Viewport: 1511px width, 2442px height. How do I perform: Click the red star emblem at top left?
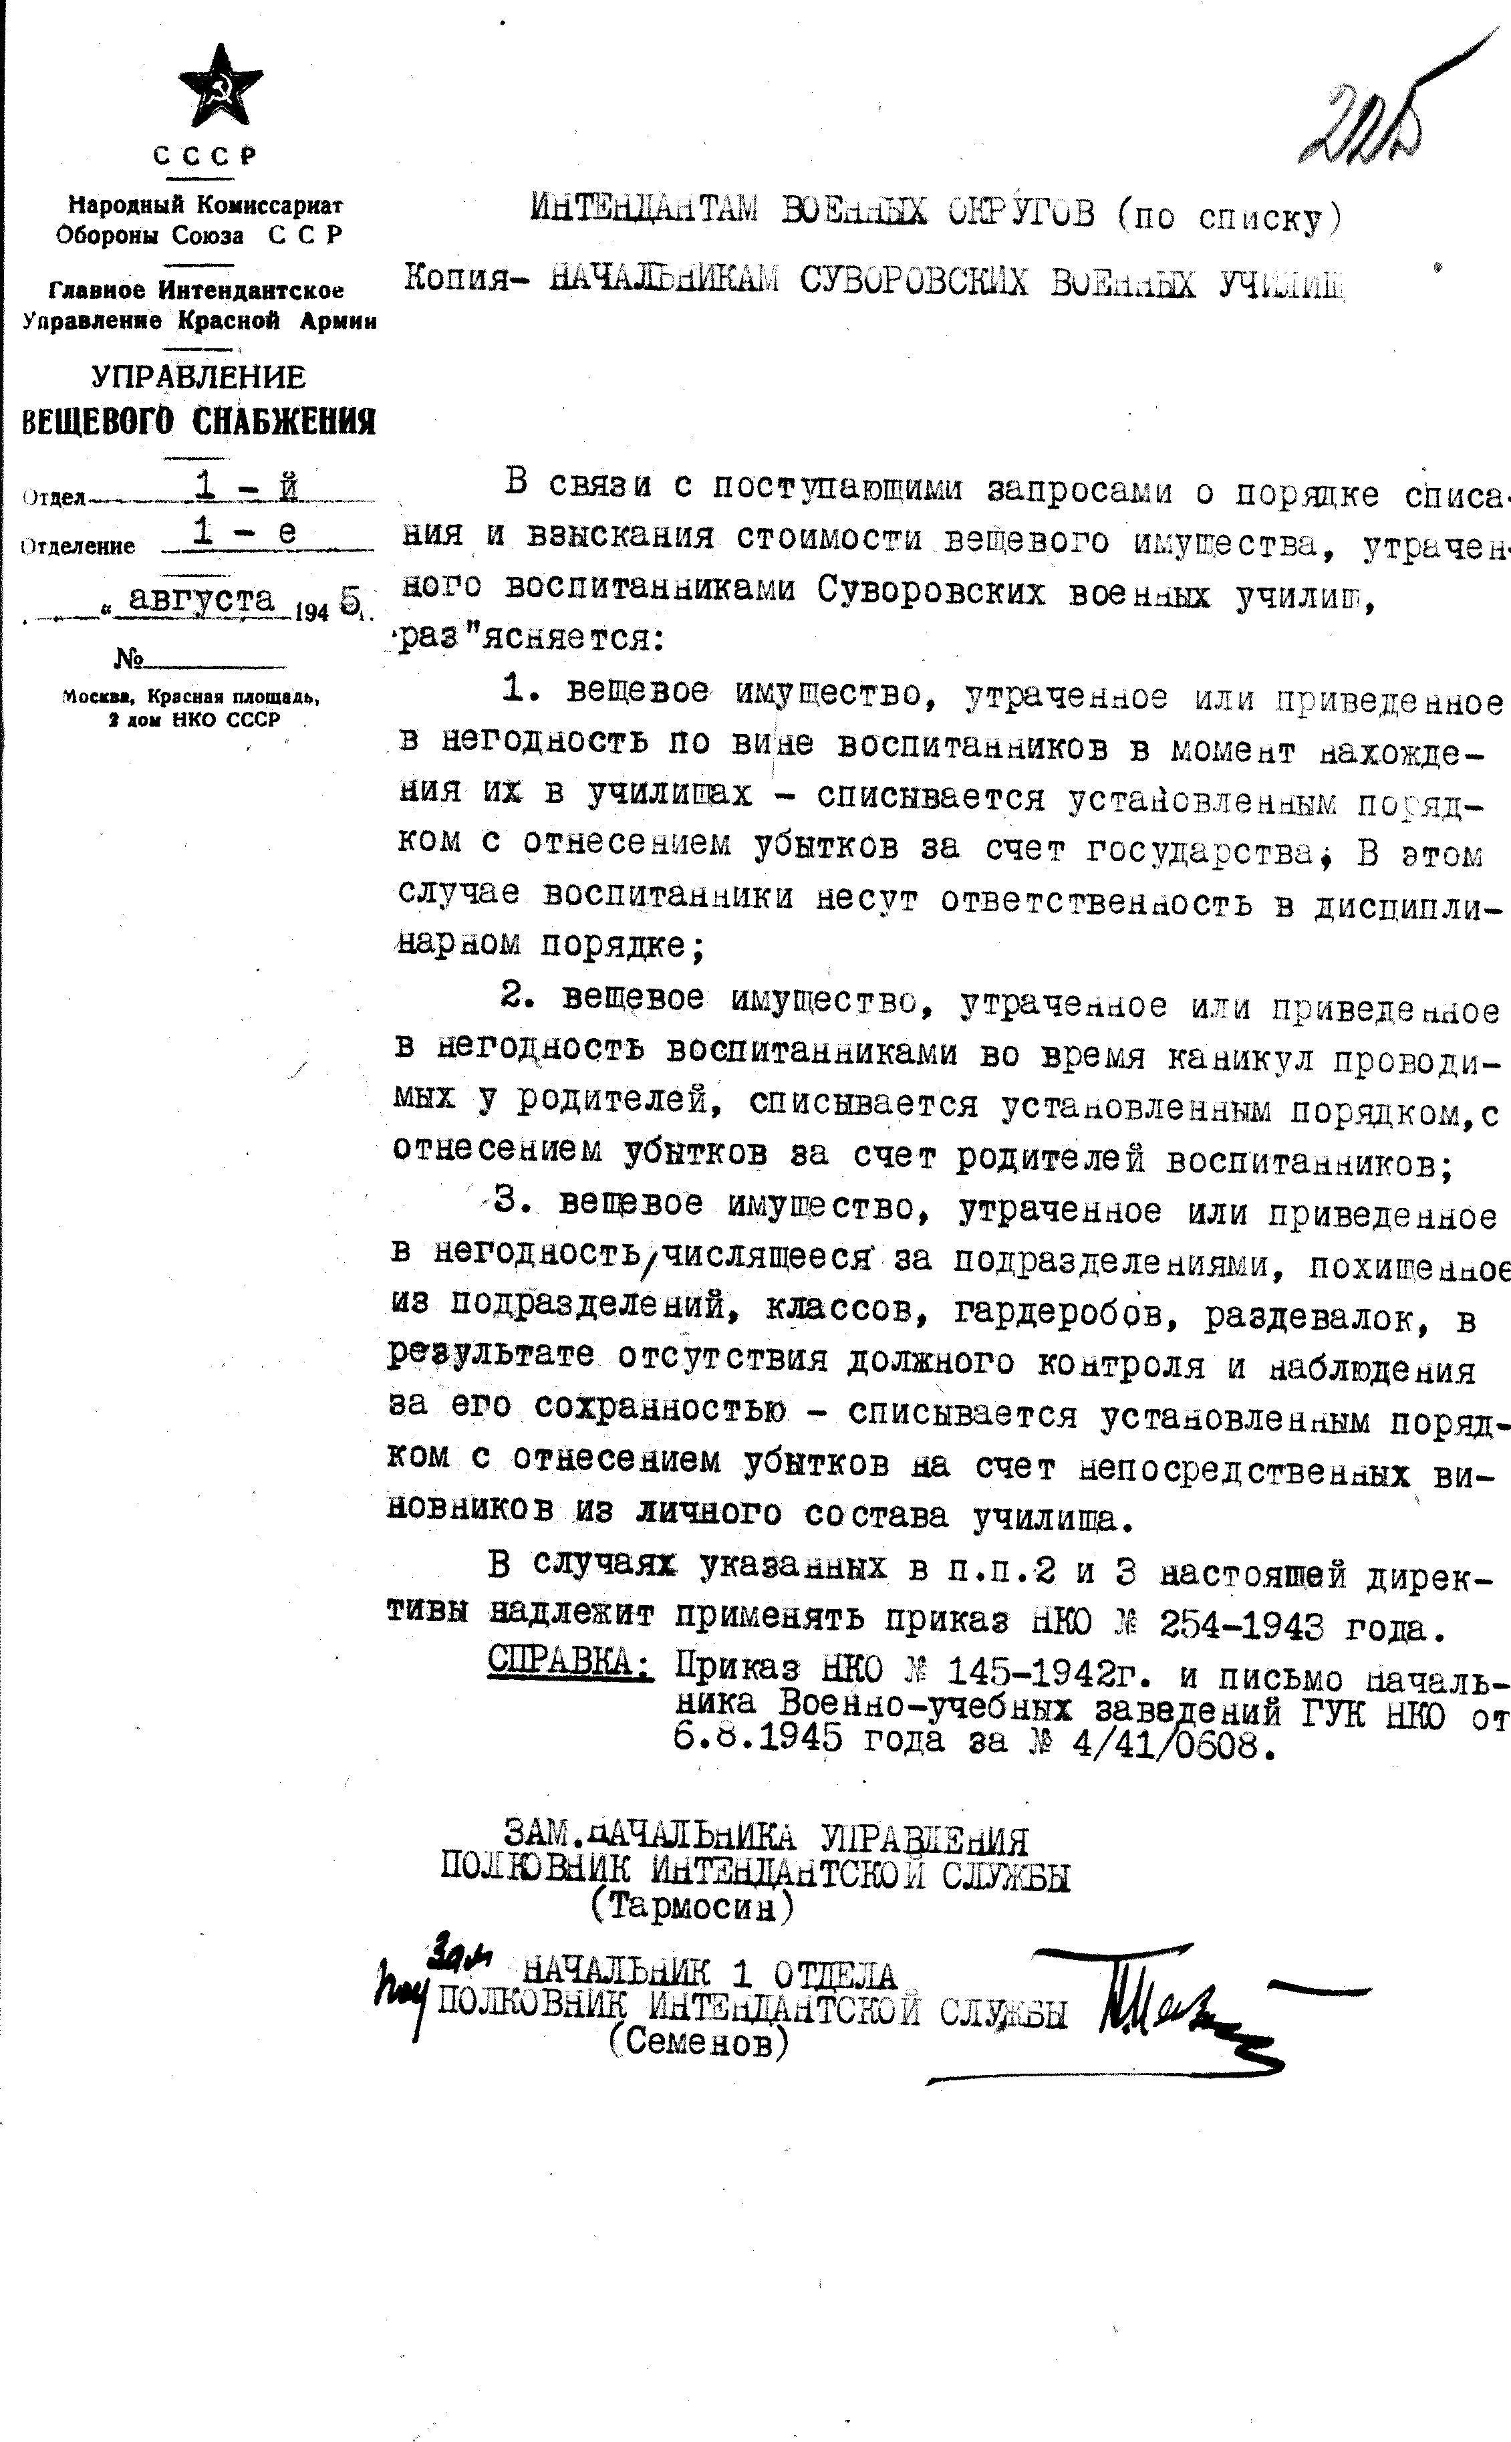[x=220, y=87]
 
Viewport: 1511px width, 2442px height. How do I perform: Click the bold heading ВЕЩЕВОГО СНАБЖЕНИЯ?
[x=199, y=422]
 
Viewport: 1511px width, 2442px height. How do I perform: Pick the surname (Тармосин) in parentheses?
[x=692, y=1909]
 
